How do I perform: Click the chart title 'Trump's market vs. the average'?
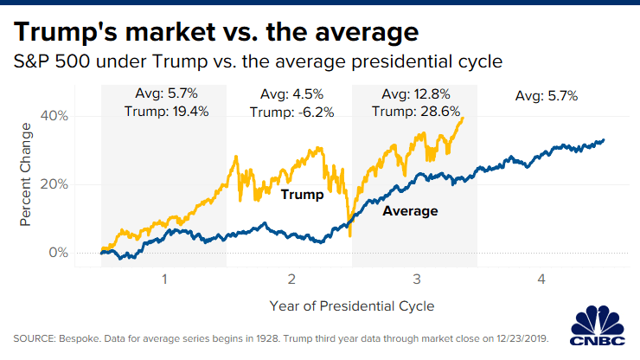point(216,32)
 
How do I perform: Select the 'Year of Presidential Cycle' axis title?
point(351,306)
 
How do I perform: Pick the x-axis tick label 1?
point(163,280)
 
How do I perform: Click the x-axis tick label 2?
point(290,280)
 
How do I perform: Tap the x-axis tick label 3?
point(416,280)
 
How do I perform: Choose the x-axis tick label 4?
point(542,280)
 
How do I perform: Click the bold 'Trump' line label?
point(302,195)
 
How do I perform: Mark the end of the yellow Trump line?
point(464,119)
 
